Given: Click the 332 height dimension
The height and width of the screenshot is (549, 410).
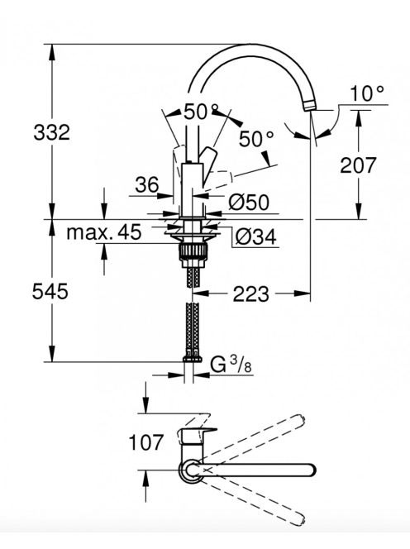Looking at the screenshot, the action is click(x=51, y=132).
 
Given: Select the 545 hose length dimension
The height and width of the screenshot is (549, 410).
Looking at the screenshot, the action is click(x=50, y=291).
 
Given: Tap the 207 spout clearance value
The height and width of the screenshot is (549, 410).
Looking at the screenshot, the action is click(x=358, y=165).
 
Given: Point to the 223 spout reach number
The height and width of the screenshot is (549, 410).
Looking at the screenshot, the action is click(x=250, y=294).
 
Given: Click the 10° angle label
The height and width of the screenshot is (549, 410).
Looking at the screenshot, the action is click(x=367, y=93).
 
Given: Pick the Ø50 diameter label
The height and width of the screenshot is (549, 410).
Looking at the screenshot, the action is click(x=249, y=202).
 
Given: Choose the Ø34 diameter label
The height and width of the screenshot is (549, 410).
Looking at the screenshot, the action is click(x=255, y=237).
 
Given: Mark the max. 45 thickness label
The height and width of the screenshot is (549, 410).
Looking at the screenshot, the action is click(x=104, y=232).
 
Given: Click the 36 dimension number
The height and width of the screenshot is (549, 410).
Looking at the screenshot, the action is click(x=146, y=184).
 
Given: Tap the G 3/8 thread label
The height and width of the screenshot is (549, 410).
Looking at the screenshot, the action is click(x=231, y=365).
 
